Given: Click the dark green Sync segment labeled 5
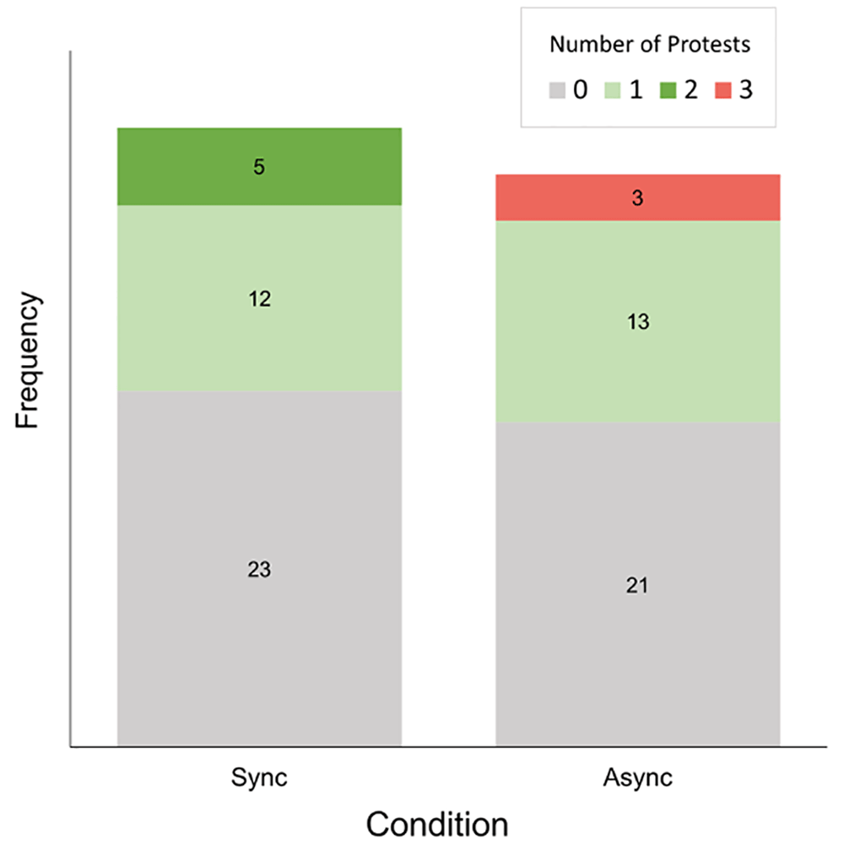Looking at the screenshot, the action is click(259, 167).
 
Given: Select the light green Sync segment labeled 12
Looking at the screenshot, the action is click(259, 298).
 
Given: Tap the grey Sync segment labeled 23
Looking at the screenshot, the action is click(259, 568).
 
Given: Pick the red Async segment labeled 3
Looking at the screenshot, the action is click(637, 197).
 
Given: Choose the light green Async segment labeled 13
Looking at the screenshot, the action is click(637, 321).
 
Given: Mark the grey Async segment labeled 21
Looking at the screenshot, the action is click(637, 584).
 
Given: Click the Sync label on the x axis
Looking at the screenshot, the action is click(259, 778).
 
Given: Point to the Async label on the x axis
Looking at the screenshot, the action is click(637, 778).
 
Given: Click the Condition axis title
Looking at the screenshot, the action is click(437, 824).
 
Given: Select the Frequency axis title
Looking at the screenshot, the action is click(26, 360).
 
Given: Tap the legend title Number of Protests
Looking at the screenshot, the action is click(649, 45).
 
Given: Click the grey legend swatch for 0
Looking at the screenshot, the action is click(557, 90).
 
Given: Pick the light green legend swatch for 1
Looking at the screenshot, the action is click(613, 90).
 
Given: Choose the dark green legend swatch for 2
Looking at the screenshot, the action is click(668, 90).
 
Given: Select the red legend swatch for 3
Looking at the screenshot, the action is click(723, 90).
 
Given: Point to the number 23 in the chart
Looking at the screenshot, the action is click(259, 569).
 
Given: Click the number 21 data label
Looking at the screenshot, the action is click(637, 585).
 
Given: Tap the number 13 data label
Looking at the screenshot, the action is click(638, 321).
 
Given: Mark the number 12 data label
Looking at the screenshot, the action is click(260, 299).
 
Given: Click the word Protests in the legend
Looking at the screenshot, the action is click(708, 45).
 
